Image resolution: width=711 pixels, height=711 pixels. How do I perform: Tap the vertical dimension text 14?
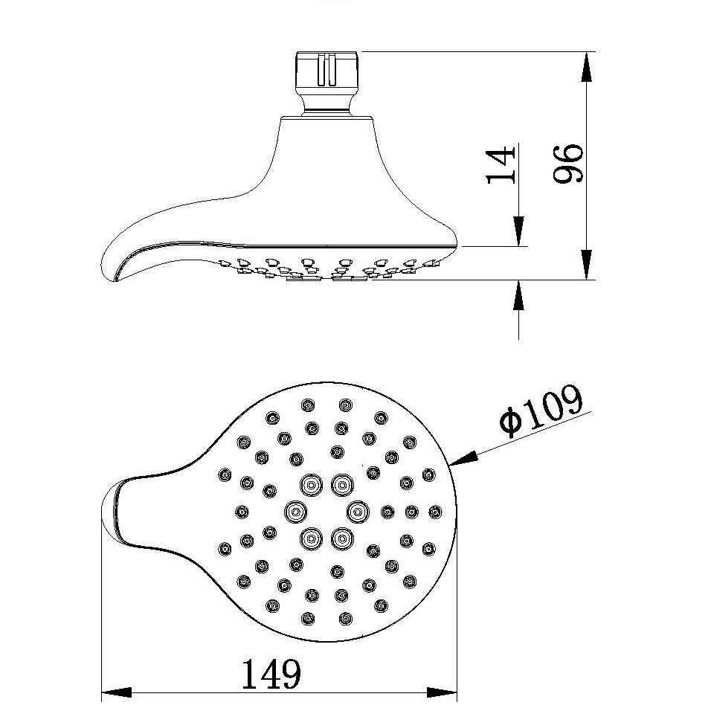501,164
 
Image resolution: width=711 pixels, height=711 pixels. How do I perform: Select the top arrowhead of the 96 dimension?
587,69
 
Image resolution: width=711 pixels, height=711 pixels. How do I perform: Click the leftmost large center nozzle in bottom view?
296,511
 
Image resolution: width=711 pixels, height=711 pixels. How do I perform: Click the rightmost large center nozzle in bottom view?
357,511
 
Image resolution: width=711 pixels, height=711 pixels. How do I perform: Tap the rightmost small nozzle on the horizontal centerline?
434,511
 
